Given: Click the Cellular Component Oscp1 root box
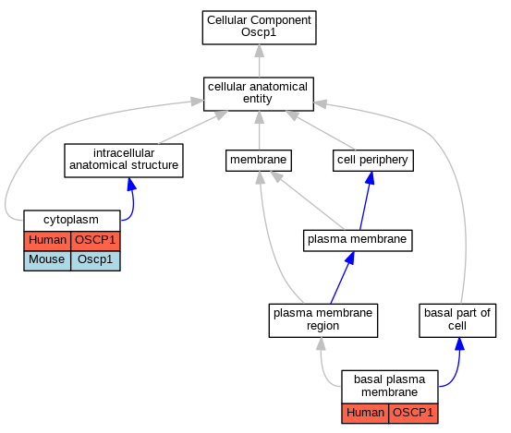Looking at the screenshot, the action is [x=259, y=28].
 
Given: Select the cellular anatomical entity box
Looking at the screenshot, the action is [x=259, y=94].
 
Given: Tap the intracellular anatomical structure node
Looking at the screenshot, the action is [x=124, y=161].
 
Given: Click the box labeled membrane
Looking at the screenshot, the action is [x=259, y=161].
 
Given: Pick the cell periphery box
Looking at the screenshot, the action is [x=373, y=161].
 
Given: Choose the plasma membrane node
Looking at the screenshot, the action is [x=358, y=241].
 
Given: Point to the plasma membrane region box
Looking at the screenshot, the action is [x=323, y=320].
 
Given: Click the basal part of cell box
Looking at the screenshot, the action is [x=457, y=320].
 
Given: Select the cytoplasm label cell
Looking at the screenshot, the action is [x=72, y=221].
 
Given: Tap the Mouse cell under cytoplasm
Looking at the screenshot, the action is [x=47, y=260].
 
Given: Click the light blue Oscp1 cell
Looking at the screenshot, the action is [x=95, y=260].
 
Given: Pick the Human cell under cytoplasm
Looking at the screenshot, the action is [x=47, y=241].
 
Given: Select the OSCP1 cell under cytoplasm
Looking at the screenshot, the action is [x=95, y=241].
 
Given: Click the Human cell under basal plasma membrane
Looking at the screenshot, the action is [x=365, y=414].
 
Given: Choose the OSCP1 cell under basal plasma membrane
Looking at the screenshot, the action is [x=413, y=414].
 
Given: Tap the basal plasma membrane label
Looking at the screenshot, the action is [x=390, y=387].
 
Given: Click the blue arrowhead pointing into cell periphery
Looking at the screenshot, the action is [x=371, y=178].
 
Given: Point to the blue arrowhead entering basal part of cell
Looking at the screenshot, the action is [x=459, y=343].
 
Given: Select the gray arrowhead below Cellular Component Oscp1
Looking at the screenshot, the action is [x=259, y=51].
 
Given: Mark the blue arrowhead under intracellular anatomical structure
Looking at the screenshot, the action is [x=131, y=184].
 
